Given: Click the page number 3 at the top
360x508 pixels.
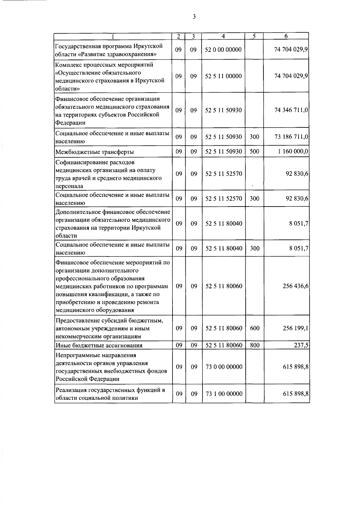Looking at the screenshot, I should click(194, 17).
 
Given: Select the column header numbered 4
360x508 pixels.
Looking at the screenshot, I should click(223, 36).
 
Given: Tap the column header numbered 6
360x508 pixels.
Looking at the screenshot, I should click(286, 36).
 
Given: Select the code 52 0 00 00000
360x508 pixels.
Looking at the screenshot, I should click(223, 50).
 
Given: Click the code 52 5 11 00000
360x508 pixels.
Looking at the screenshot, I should click(223, 76).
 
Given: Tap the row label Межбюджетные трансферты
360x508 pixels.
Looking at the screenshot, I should click(94, 152).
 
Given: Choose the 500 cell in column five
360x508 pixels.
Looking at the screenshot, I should click(254, 152).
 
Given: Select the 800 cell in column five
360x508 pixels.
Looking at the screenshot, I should click(255, 345).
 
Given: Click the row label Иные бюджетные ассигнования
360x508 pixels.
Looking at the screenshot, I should click(99, 346).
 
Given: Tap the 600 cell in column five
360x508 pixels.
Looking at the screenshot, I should click(255, 328).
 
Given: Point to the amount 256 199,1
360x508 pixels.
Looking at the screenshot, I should click(295, 328).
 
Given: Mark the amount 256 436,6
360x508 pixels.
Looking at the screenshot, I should click(295, 286).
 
